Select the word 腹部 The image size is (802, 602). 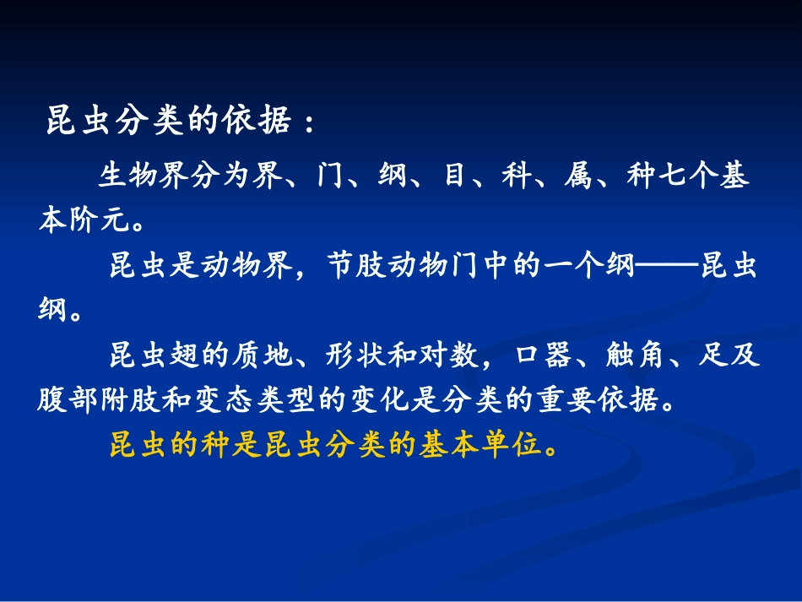(68, 400)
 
